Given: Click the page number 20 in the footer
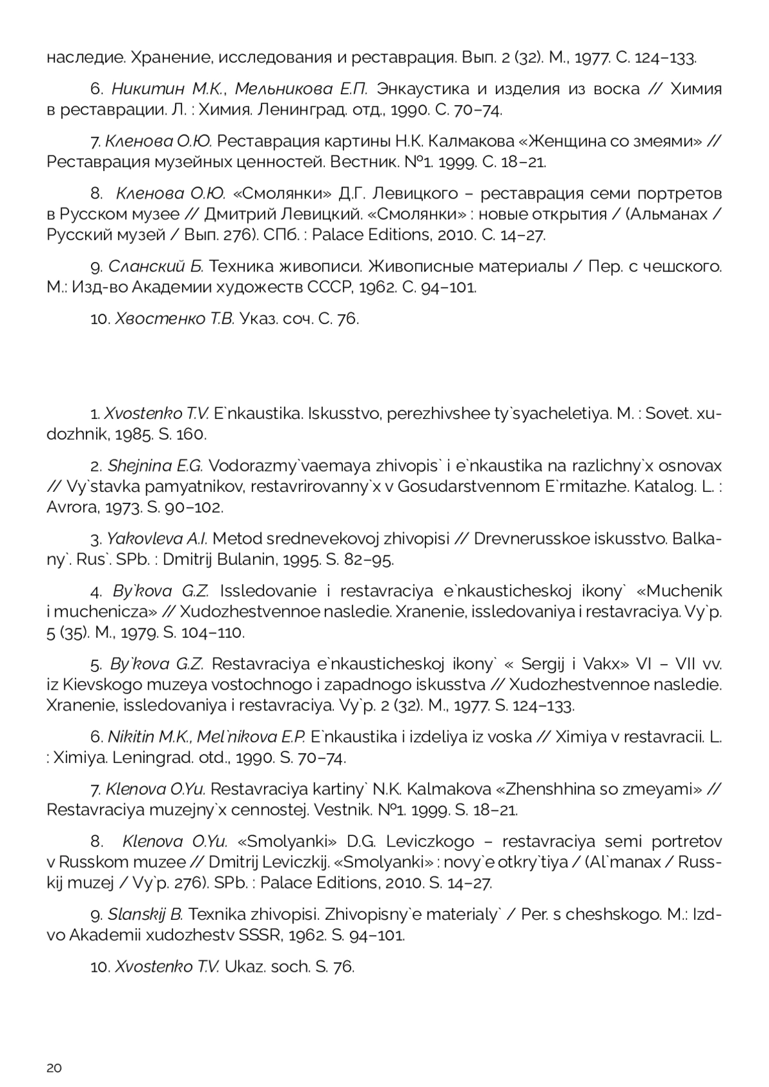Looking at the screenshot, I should pos(54,1067).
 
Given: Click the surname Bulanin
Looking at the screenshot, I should pos(242,559).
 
